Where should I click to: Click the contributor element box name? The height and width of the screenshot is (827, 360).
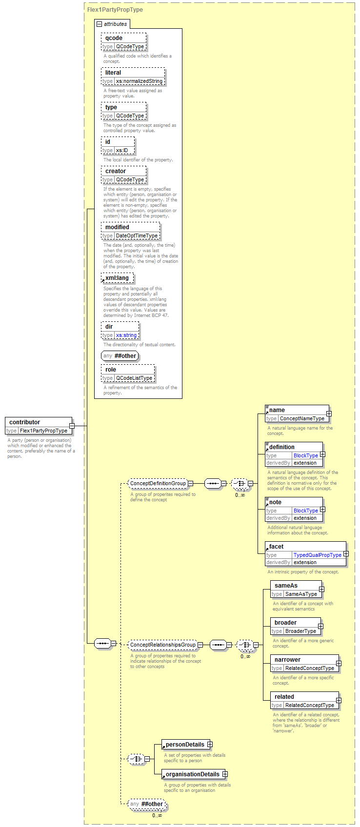(x=25, y=422)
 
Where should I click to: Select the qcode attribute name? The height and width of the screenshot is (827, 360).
(x=114, y=38)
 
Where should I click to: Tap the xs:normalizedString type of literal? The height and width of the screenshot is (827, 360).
(x=139, y=81)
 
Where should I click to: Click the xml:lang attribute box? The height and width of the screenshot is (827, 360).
(x=118, y=278)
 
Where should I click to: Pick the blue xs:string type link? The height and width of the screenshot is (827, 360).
(x=126, y=335)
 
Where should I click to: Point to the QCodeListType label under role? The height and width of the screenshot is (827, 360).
(x=134, y=378)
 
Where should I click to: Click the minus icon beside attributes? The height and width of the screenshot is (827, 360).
(x=100, y=24)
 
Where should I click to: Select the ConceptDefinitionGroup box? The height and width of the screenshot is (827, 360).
(x=158, y=483)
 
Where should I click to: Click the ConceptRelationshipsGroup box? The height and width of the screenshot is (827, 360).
(x=163, y=645)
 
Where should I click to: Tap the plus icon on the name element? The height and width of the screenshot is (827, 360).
(x=329, y=413)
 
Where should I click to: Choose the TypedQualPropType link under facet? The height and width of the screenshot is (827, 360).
(x=318, y=555)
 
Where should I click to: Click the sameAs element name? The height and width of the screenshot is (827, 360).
(x=286, y=586)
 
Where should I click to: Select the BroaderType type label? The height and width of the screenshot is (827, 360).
(x=300, y=631)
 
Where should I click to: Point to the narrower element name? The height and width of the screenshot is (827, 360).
(x=287, y=659)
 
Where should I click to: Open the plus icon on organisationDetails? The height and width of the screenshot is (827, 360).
(x=225, y=774)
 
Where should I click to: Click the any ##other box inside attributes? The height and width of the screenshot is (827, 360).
(x=120, y=356)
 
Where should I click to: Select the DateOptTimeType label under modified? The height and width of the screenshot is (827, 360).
(x=137, y=236)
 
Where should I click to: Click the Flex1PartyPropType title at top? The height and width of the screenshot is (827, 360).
(x=115, y=10)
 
